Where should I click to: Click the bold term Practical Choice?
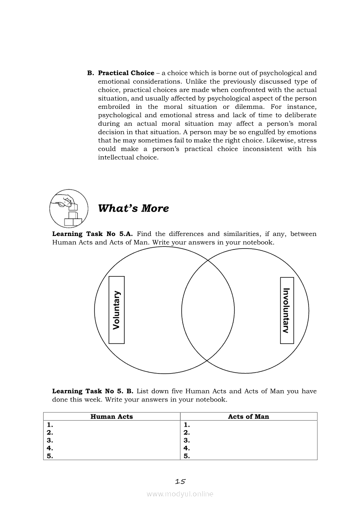pos(126,73)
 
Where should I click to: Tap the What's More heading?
pos(133,208)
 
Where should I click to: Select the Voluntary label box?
pos(116,310)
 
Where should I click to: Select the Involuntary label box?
pos(286,310)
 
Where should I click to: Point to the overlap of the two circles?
pos(208,310)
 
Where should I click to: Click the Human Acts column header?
pos(112,417)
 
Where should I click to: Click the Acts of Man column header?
pos(248,417)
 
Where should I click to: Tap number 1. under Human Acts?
pos(50,425)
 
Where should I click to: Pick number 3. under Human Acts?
pos(50,440)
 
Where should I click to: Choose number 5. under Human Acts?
pos(50,456)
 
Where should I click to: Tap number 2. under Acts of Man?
pos(187,432)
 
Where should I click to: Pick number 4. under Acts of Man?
pos(187,448)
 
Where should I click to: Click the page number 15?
pos(180,482)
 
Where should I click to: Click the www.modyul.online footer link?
pos(180,494)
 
